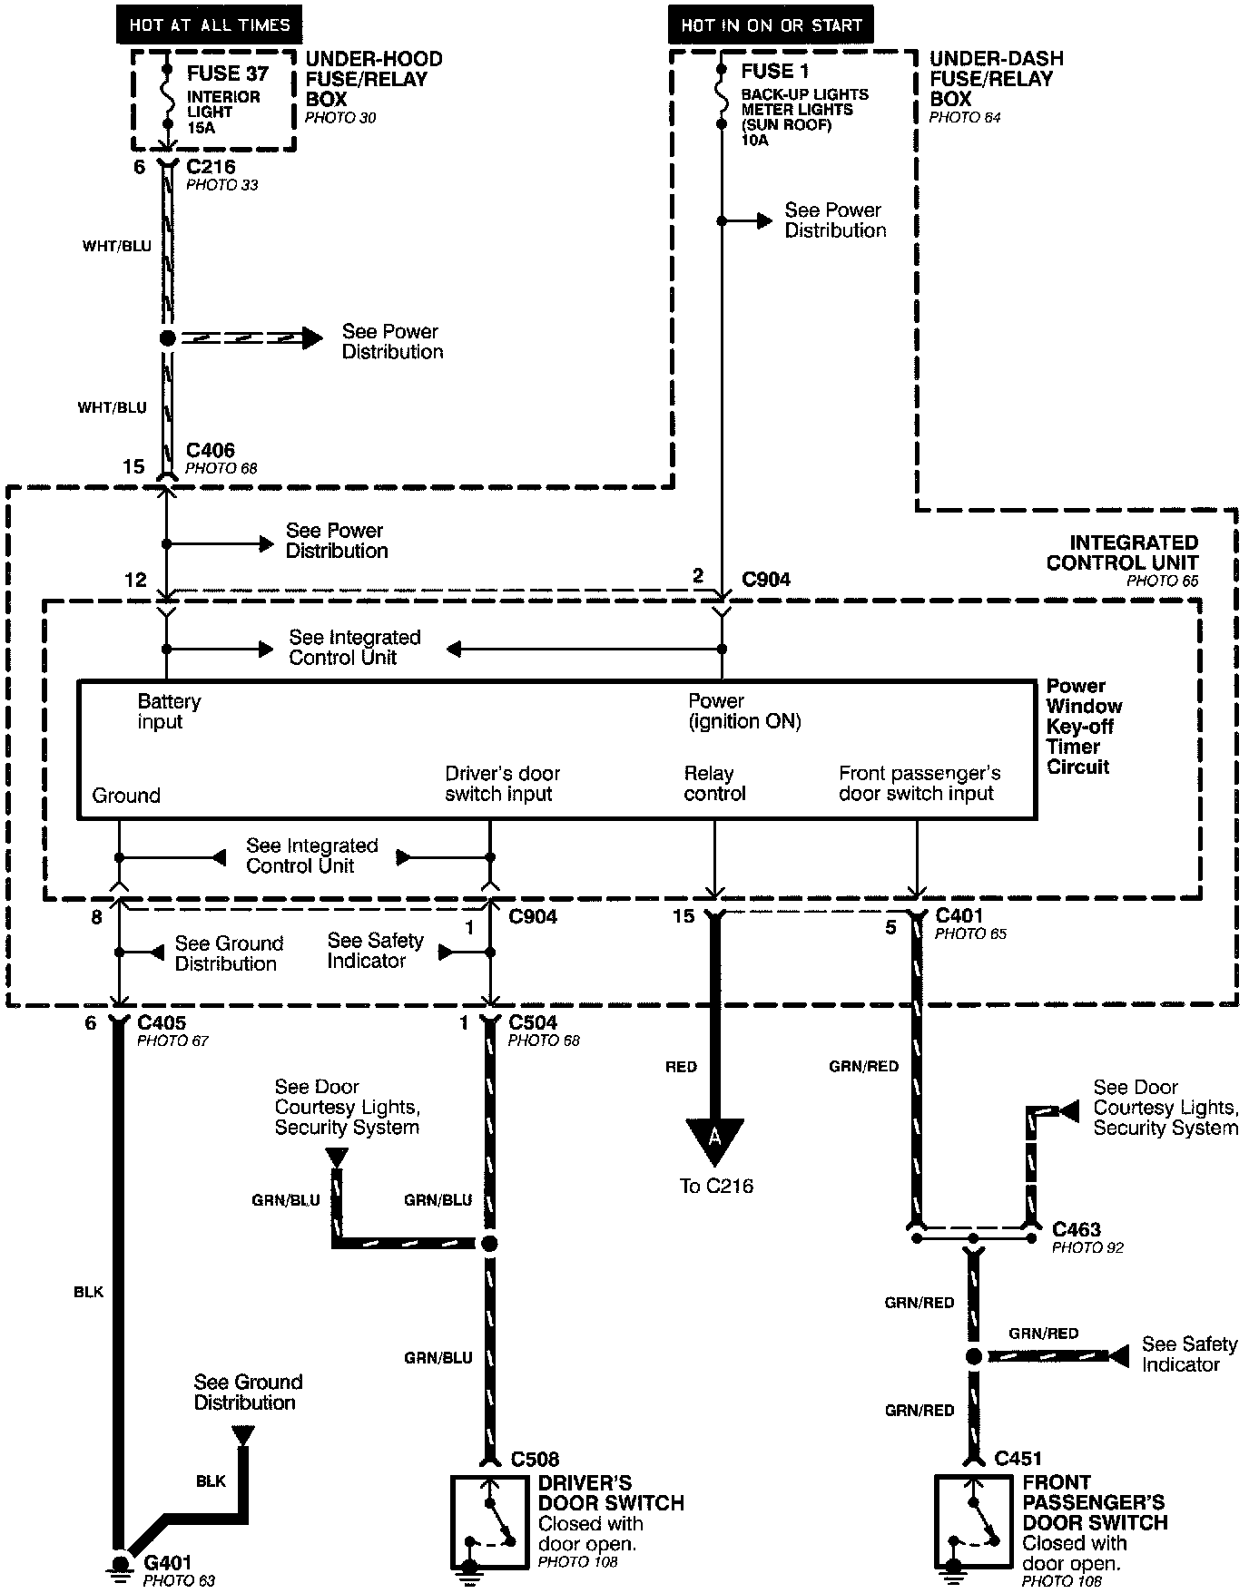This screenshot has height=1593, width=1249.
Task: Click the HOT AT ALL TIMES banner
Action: point(209,24)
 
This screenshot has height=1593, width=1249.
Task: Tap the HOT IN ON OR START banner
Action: point(771,25)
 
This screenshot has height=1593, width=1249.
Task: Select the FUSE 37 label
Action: point(227,73)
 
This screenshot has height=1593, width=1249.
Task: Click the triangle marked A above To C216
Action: point(714,1139)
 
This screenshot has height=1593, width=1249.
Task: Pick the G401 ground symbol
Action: point(119,1563)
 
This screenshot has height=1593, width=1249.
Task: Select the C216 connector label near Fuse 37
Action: point(211,167)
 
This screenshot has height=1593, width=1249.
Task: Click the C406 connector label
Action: point(211,450)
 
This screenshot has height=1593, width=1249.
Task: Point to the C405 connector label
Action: point(162,1022)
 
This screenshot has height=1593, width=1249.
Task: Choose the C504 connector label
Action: point(533,1022)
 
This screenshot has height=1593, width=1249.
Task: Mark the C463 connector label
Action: point(1077,1229)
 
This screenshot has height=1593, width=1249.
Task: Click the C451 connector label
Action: point(1018,1458)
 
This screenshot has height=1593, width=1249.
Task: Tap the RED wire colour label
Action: point(681,1067)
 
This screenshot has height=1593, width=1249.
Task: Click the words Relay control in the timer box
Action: point(714,784)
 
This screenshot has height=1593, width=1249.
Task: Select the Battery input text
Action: point(169,711)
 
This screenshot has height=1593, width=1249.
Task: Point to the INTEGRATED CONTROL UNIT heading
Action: point(1122,552)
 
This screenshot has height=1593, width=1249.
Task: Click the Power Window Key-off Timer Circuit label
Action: point(1084,726)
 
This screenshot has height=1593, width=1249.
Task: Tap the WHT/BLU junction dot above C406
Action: point(167,338)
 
